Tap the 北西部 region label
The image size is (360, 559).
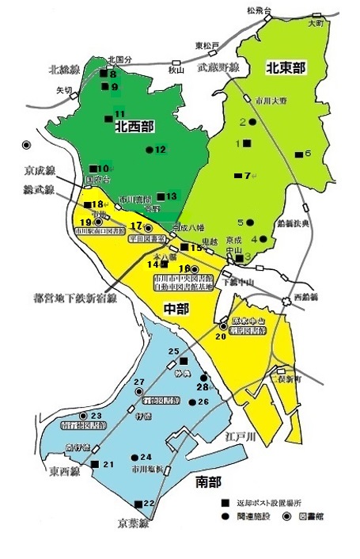click(x=135, y=124)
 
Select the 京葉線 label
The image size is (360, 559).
click(x=132, y=523)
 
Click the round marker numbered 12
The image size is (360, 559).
click(x=149, y=149)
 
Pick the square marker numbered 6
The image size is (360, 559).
click(x=297, y=154)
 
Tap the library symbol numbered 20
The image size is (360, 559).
click(x=222, y=326)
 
